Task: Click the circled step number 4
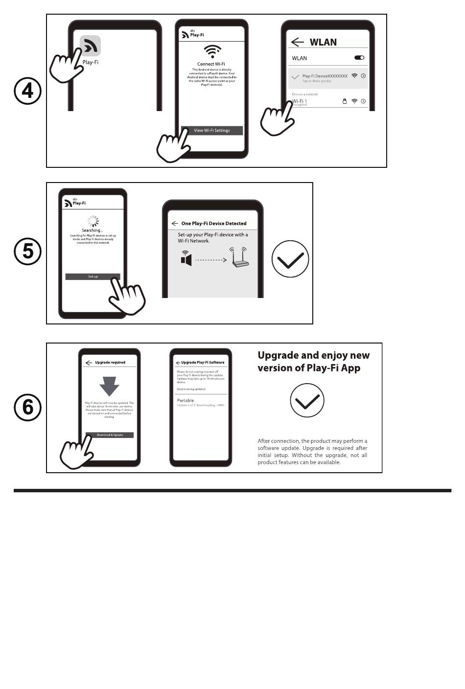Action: click(x=27, y=92)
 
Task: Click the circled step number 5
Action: click(x=27, y=252)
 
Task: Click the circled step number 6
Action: click(x=27, y=407)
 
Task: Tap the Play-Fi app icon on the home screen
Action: click(x=91, y=46)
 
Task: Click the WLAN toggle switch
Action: click(x=359, y=58)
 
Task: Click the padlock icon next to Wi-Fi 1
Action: click(x=345, y=101)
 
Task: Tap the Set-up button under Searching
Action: click(x=93, y=276)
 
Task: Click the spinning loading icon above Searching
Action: click(x=93, y=221)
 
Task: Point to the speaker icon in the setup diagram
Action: click(x=186, y=258)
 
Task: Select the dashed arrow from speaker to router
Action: click(x=211, y=260)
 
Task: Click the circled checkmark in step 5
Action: click(x=290, y=259)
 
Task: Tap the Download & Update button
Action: click(x=110, y=435)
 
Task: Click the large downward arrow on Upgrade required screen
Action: click(x=109, y=386)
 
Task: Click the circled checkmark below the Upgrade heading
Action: click(x=307, y=400)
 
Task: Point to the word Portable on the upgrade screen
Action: click(x=186, y=400)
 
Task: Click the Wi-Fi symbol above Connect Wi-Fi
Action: click(x=212, y=51)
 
